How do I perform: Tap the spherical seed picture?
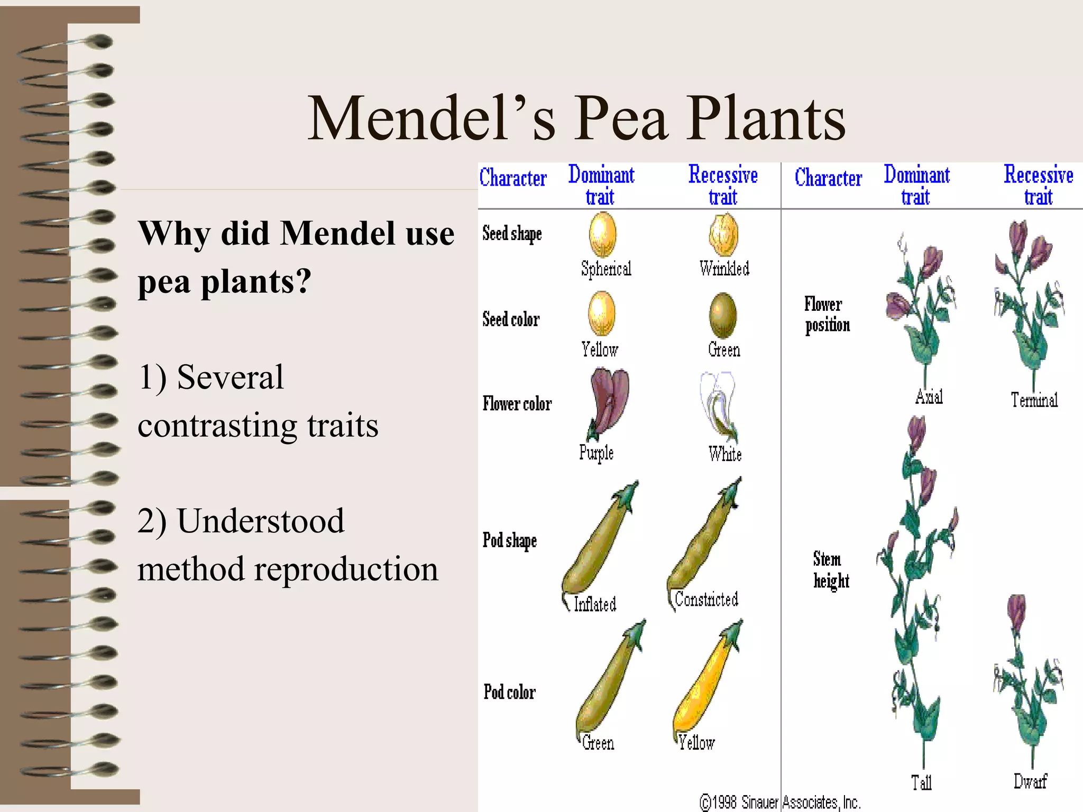tap(602, 234)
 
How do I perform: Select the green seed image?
tap(722, 315)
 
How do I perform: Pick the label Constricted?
tap(706, 599)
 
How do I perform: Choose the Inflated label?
tap(595, 604)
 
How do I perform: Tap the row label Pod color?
tap(509, 692)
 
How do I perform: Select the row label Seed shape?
tap(512, 233)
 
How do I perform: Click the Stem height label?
tap(831, 570)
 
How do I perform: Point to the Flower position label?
tap(827, 315)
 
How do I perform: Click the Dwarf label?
tap(1030, 781)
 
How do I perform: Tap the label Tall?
tap(921, 782)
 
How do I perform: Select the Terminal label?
tap(1034, 400)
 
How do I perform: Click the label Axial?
tap(929, 396)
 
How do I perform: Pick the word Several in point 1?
tap(230, 377)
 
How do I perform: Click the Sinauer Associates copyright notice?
tap(780, 802)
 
